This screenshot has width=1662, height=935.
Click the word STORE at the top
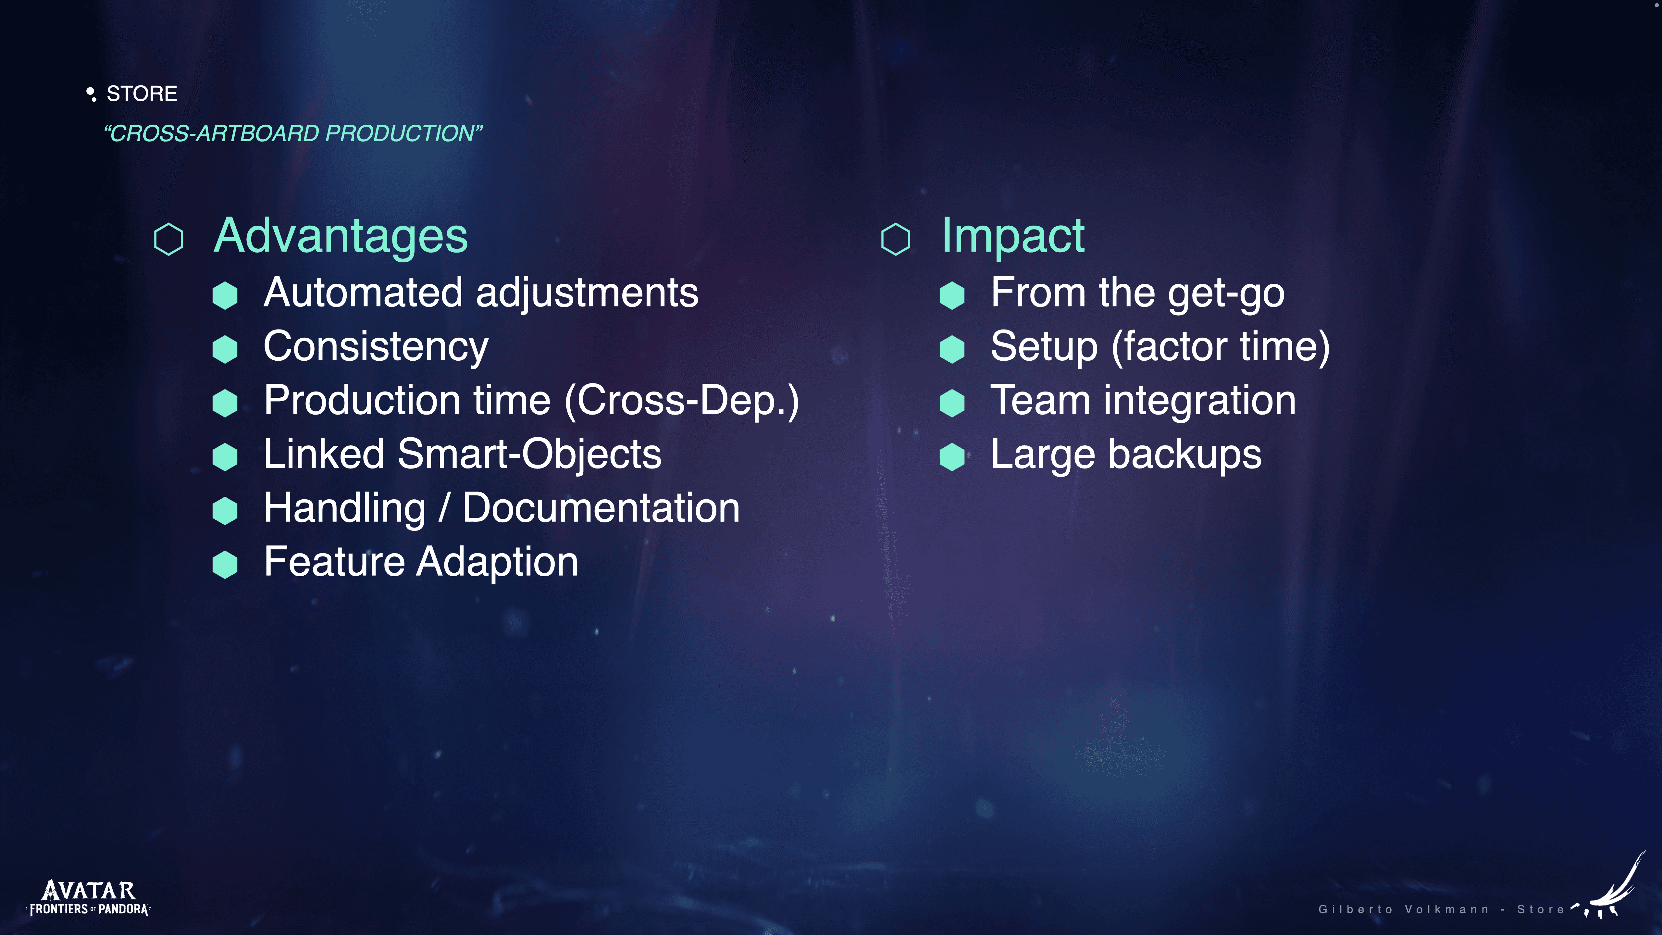[141, 93]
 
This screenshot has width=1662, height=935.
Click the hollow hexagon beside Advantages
[168, 239]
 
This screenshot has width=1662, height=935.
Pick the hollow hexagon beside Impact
[896, 239]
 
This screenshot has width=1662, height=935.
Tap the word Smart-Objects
[529, 454]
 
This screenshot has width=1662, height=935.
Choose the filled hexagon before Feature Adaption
[225, 565]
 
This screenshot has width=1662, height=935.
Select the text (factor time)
[1221, 347]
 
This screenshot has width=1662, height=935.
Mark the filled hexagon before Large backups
[952, 457]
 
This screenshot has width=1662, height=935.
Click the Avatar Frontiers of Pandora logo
[88, 898]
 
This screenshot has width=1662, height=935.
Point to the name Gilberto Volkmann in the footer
[1403, 909]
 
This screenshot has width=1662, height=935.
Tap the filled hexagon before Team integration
[952, 403]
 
